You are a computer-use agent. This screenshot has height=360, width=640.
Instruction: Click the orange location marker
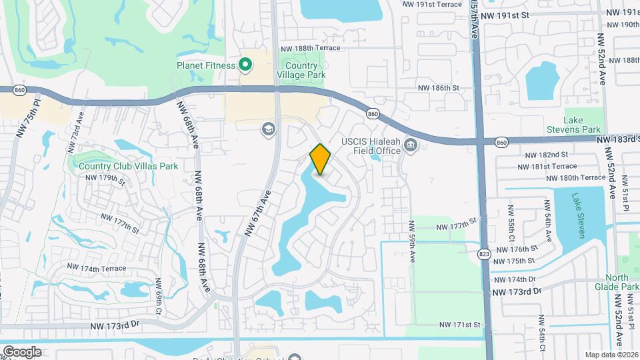point(320,159)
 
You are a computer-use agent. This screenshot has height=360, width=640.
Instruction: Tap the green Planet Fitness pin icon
point(245,65)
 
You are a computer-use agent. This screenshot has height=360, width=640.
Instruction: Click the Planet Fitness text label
point(206,65)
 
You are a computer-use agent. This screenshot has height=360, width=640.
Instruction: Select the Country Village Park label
point(305,70)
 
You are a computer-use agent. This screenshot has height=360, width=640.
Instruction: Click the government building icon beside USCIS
point(411,145)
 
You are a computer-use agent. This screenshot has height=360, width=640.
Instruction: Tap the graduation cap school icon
point(269,129)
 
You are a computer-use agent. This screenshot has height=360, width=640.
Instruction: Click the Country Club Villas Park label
point(128,166)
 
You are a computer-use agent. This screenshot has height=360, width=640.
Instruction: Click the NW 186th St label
point(439,87)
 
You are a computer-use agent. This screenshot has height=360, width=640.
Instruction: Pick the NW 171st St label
point(459,325)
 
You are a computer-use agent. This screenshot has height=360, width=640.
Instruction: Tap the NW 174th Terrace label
point(95,269)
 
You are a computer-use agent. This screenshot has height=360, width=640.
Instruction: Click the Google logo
point(22,351)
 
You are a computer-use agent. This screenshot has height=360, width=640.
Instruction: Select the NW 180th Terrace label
point(575,178)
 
